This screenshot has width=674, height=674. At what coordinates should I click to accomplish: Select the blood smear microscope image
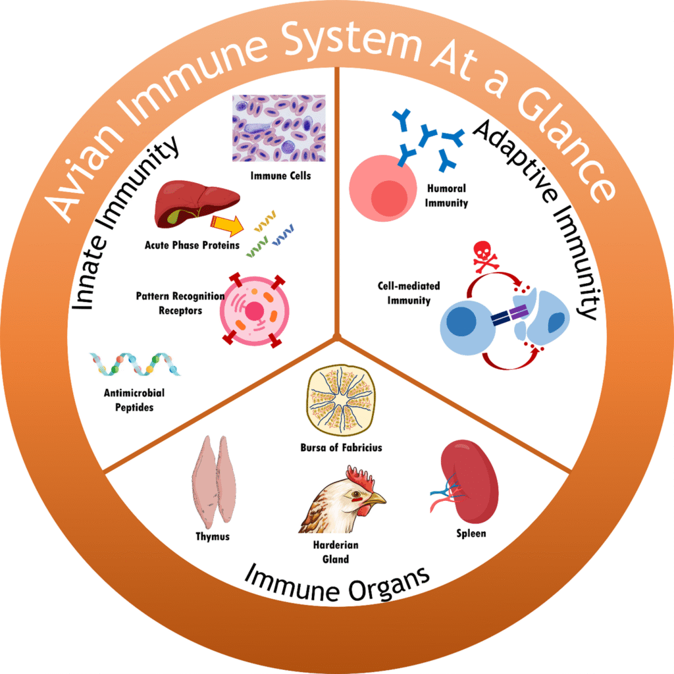click(278, 129)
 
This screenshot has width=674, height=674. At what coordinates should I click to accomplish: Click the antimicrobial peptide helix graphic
click(135, 364)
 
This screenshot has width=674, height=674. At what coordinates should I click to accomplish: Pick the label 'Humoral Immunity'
click(446, 196)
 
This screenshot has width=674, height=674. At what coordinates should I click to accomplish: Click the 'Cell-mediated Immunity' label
click(409, 294)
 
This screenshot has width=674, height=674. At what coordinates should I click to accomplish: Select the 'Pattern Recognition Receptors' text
click(180, 303)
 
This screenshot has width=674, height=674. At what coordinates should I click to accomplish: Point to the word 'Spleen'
click(471, 533)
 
